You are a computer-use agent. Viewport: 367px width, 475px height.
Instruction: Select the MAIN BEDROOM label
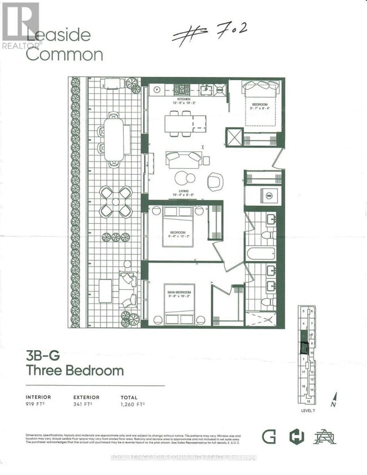pyautogui.click(x=179, y=292)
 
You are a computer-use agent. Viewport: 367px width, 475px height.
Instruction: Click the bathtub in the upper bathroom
pyautogui.click(x=260, y=252)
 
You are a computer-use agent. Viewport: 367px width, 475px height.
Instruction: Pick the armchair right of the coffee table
pyautogui.click(x=215, y=181)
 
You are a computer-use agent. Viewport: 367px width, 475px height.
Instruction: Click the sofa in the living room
pyautogui.click(x=183, y=159)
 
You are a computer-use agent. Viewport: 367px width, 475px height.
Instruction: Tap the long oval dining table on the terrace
pyautogui.click(x=113, y=139)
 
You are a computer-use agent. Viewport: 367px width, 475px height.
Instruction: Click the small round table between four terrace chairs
pyautogui.click(x=116, y=202)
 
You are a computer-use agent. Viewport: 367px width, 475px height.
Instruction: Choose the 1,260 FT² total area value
pyautogui.click(x=133, y=404)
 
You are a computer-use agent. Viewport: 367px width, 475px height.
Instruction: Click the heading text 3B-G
pyautogui.click(x=42, y=355)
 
